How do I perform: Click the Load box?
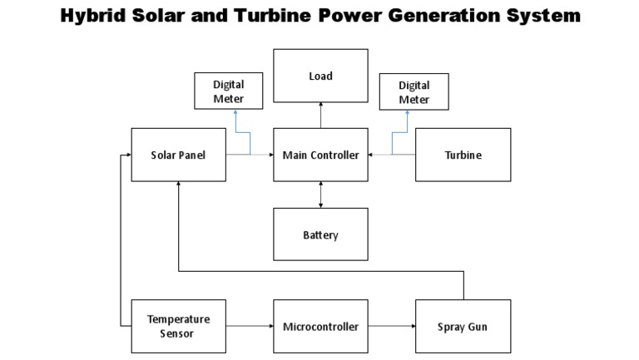(x=320, y=76)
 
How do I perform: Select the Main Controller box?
(x=320, y=155)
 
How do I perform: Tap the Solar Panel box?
(x=179, y=155)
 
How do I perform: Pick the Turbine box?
(x=463, y=155)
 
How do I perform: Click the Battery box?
(x=320, y=234)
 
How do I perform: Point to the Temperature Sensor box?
(x=179, y=326)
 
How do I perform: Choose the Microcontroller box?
(x=320, y=326)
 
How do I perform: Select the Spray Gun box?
(x=463, y=326)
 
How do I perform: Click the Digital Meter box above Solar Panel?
(x=228, y=91)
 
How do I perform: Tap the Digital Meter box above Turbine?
(x=414, y=91)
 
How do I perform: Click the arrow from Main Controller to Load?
(x=320, y=116)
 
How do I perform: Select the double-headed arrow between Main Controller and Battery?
(x=320, y=195)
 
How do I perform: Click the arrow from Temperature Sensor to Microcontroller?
(x=250, y=326)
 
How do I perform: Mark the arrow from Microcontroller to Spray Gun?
(x=392, y=326)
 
